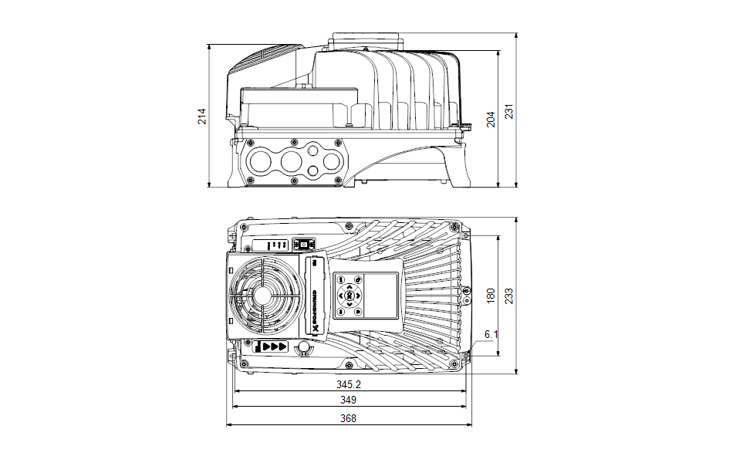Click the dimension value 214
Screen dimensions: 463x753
(202, 116)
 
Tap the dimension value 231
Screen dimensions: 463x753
(508, 111)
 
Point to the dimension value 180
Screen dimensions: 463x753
(490, 296)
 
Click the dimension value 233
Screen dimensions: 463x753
(508, 296)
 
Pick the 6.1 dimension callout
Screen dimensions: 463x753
(491, 334)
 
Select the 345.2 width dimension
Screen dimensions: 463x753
(349, 384)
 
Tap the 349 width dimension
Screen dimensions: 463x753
(349, 400)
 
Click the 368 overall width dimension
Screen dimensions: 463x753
(349, 418)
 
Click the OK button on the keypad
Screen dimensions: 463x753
(349, 296)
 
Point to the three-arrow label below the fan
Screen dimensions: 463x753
(275, 347)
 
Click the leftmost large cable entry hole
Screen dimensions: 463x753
(261, 161)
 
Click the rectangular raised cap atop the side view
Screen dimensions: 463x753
(365, 40)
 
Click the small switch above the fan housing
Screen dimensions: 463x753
(303, 244)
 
